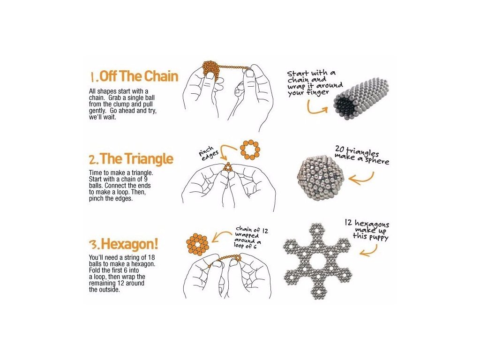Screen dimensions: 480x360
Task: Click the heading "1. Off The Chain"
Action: [x=134, y=76]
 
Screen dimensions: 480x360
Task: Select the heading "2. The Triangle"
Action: [x=131, y=159]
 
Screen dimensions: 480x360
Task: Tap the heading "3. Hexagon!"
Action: [x=124, y=244]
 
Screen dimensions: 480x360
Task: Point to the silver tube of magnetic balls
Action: [x=361, y=98]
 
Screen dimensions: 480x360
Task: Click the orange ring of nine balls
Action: [x=250, y=150]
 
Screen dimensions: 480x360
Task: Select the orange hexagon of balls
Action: [x=197, y=244]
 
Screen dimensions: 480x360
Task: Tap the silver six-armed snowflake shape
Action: [x=318, y=261]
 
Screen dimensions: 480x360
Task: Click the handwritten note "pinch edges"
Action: [x=208, y=153]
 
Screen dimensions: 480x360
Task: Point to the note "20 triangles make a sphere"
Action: [x=362, y=155]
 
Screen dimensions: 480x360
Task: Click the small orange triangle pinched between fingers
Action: [x=228, y=167]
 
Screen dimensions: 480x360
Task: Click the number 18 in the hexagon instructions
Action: [x=151, y=257]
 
